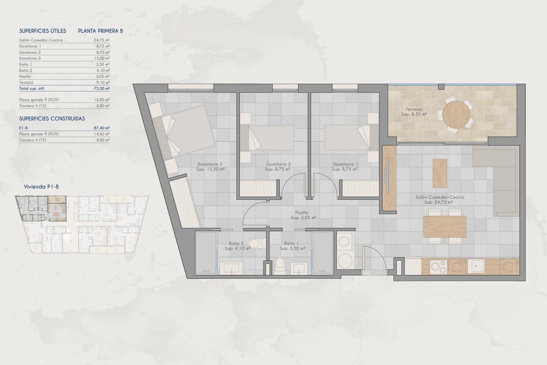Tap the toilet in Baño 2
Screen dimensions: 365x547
pos(254,244)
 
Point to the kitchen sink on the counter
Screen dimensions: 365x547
pos(475,266)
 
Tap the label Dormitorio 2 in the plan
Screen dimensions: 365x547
pos(278,164)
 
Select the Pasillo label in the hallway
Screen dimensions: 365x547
pos(301,212)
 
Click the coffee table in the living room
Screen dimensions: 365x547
pos(440,173)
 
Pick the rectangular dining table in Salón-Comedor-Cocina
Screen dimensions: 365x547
pos(444,227)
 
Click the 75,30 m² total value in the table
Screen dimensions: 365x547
pos(101,88)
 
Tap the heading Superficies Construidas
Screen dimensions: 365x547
pos(52,119)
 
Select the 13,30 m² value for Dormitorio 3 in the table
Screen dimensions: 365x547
pos(101,58)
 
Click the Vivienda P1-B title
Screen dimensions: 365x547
pos(41,187)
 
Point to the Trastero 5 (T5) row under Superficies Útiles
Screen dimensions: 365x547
pos(33,106)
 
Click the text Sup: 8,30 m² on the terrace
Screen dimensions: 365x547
pos(414,114)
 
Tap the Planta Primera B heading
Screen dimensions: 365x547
pos(100,31)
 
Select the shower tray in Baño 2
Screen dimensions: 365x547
pos(206,252)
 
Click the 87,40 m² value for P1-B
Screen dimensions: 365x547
pos(101,128)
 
